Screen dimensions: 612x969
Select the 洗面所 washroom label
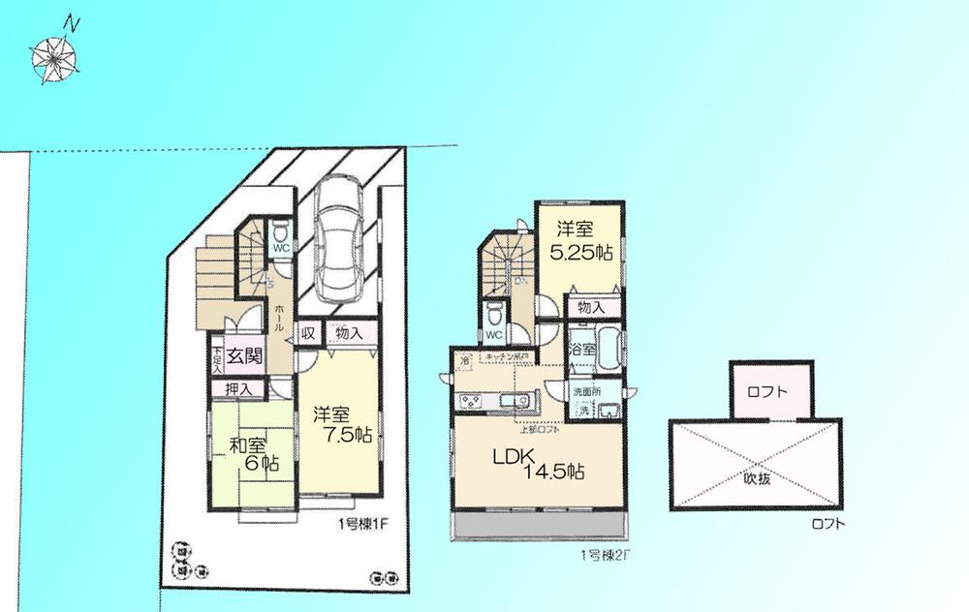[x=587, y=392]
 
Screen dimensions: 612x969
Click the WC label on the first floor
[x=281, y=247]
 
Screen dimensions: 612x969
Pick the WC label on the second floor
[x=493, y=335]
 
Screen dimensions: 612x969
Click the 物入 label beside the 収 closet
[x=350, y=332]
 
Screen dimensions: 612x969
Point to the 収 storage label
[x=307, y=332]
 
